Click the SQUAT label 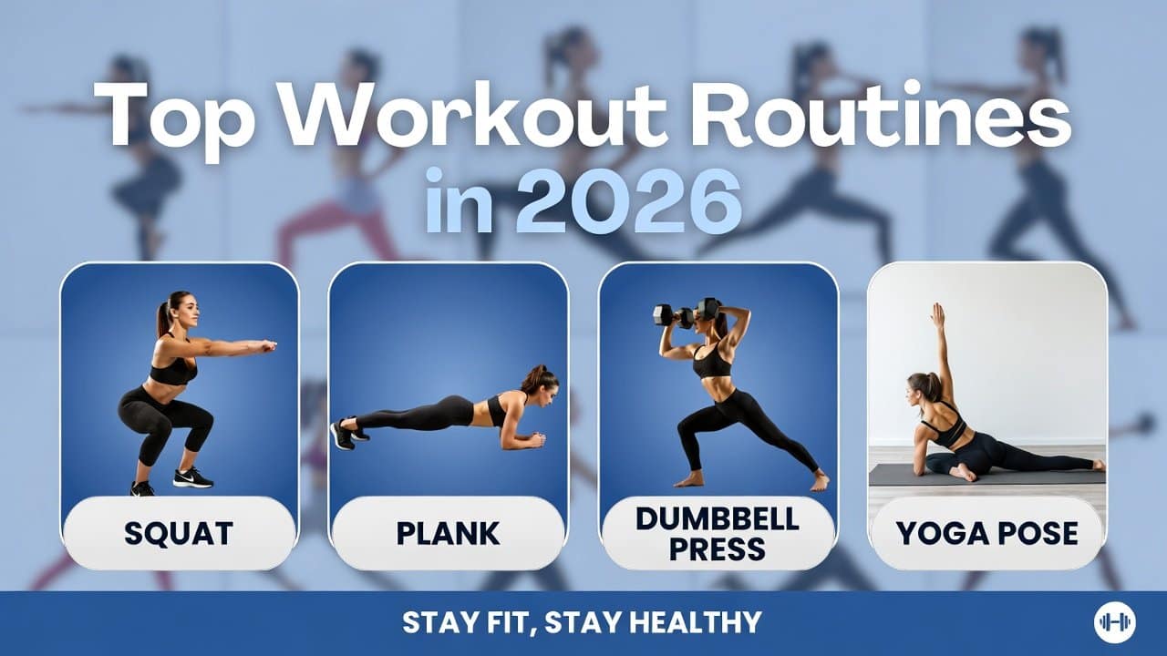pyautogui.click(x=179, y=533)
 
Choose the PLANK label pyautogui.click(x=448, y=533)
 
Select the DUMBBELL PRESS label pyautogui.click(x=718, y=533)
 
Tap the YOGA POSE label pyautogui.click(x=986, y=533)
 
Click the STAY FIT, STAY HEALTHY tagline pyautogui.click(x=582, y=622)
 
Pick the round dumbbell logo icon pyautogui.click(x=1113, y=622)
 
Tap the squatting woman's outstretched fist pyautogui.click(x=267, y=346)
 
